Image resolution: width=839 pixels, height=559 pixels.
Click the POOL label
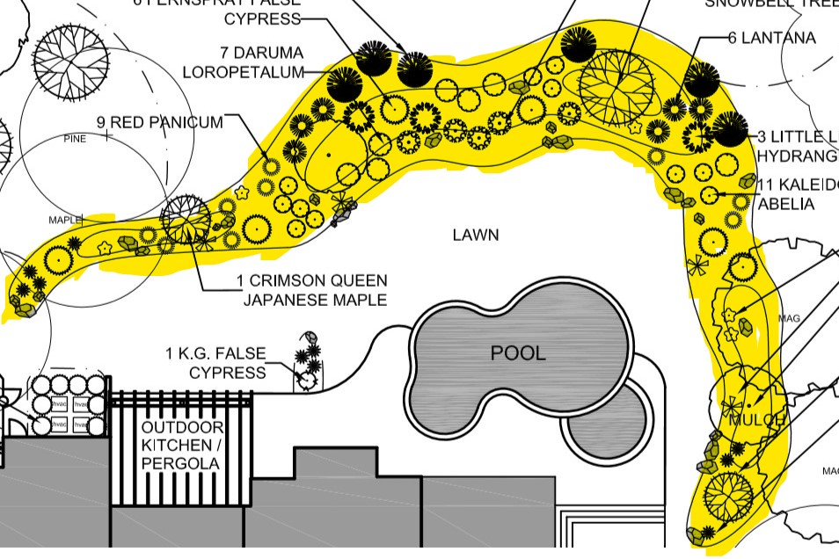tap(518, 353)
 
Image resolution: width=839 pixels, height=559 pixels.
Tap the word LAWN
tap(476, 235)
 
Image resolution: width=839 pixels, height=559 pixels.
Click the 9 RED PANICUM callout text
tap(160, 123)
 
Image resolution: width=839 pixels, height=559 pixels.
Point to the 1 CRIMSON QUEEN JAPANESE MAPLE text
tap(311, 290)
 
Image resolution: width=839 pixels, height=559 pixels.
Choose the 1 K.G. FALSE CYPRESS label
tap(215, 363)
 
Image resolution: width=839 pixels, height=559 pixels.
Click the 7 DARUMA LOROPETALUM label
tap(243, 62)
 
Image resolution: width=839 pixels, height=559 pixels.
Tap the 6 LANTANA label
tap(771, 38)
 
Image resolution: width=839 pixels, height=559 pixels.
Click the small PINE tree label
tap(75, 139)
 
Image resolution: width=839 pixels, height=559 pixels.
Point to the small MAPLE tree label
tap(64, 219)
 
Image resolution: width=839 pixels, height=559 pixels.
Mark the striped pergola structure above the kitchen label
tap(181, 403)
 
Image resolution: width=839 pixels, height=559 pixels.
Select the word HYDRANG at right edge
tap(797, 156)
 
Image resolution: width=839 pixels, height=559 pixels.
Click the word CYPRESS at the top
tap(262, 18)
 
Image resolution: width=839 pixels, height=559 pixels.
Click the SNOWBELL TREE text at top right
tap(771, 4)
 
